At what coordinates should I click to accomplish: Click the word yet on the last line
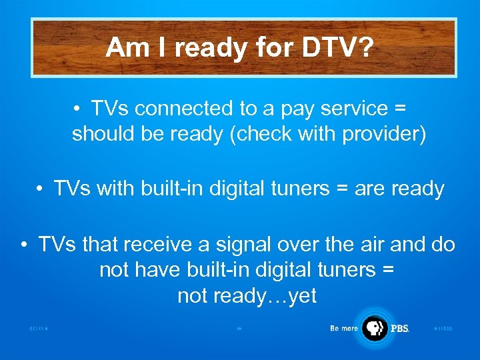tap(300, 296)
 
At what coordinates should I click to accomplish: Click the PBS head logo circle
tap(375, 327)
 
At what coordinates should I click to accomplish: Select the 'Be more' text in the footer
tap(344, 328)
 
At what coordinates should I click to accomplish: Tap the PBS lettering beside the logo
tap(399, 329)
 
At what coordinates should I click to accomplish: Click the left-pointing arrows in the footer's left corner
tap(39, 329)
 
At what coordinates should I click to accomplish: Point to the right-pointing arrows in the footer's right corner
tap(443, 329)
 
